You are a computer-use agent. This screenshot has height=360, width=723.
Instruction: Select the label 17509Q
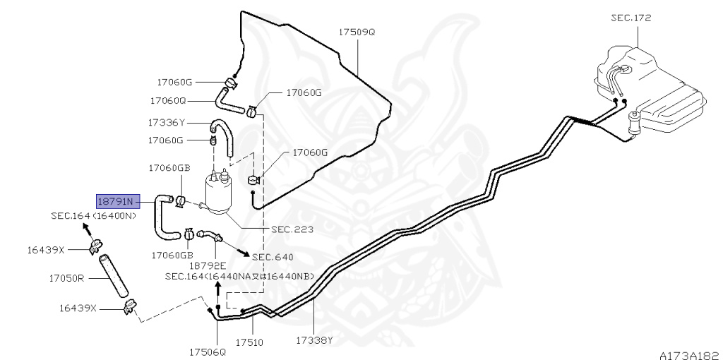[357, 32]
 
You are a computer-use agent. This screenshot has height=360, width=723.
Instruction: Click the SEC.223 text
[292, 229]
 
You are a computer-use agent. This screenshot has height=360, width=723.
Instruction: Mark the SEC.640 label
[273, 257]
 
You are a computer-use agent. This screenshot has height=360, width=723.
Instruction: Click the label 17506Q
[207, 351]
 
